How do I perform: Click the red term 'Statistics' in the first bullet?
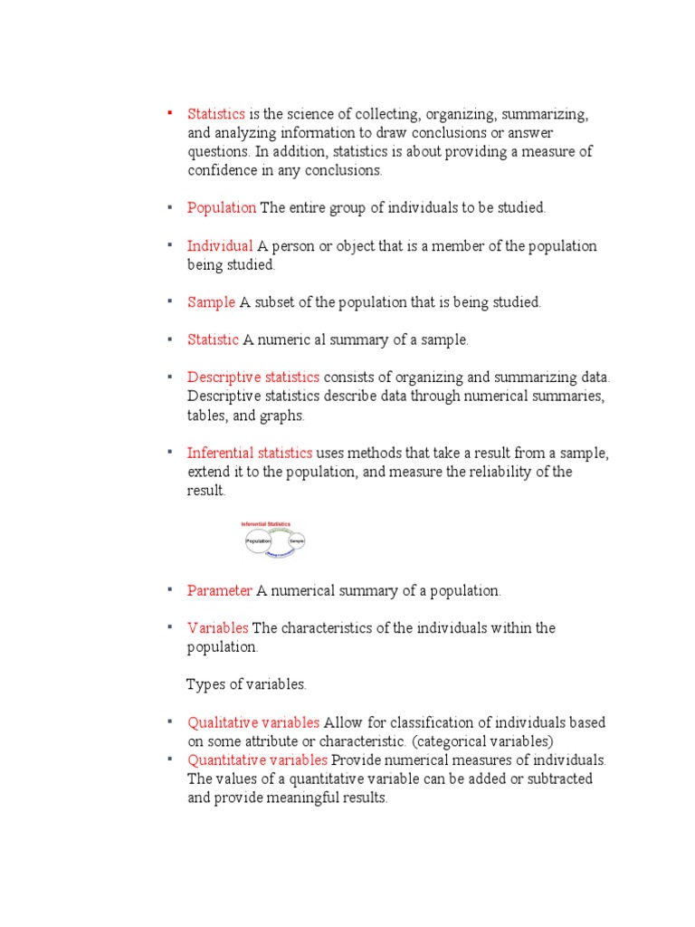(216, 114)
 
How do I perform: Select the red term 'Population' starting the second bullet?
(222, 207)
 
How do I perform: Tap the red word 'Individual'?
(220, 246)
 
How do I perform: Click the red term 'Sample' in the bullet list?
(211, 302)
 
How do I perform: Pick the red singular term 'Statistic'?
(213, 340)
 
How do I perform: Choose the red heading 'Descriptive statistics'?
(253, 377)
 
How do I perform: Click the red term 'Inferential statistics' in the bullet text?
(250, 453)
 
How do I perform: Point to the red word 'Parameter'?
(220, 590)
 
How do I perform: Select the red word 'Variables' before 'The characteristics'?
(218, 628)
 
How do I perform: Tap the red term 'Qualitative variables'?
(253, 722)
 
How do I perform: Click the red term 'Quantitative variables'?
(257, 760)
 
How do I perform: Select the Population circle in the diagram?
(259, 541)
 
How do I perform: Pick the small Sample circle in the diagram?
(296, 541)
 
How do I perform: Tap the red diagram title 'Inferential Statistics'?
(265, 524)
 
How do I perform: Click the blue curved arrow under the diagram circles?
(279, 553)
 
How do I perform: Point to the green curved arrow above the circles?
(281, 530)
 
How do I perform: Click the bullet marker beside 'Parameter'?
(168, 589)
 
